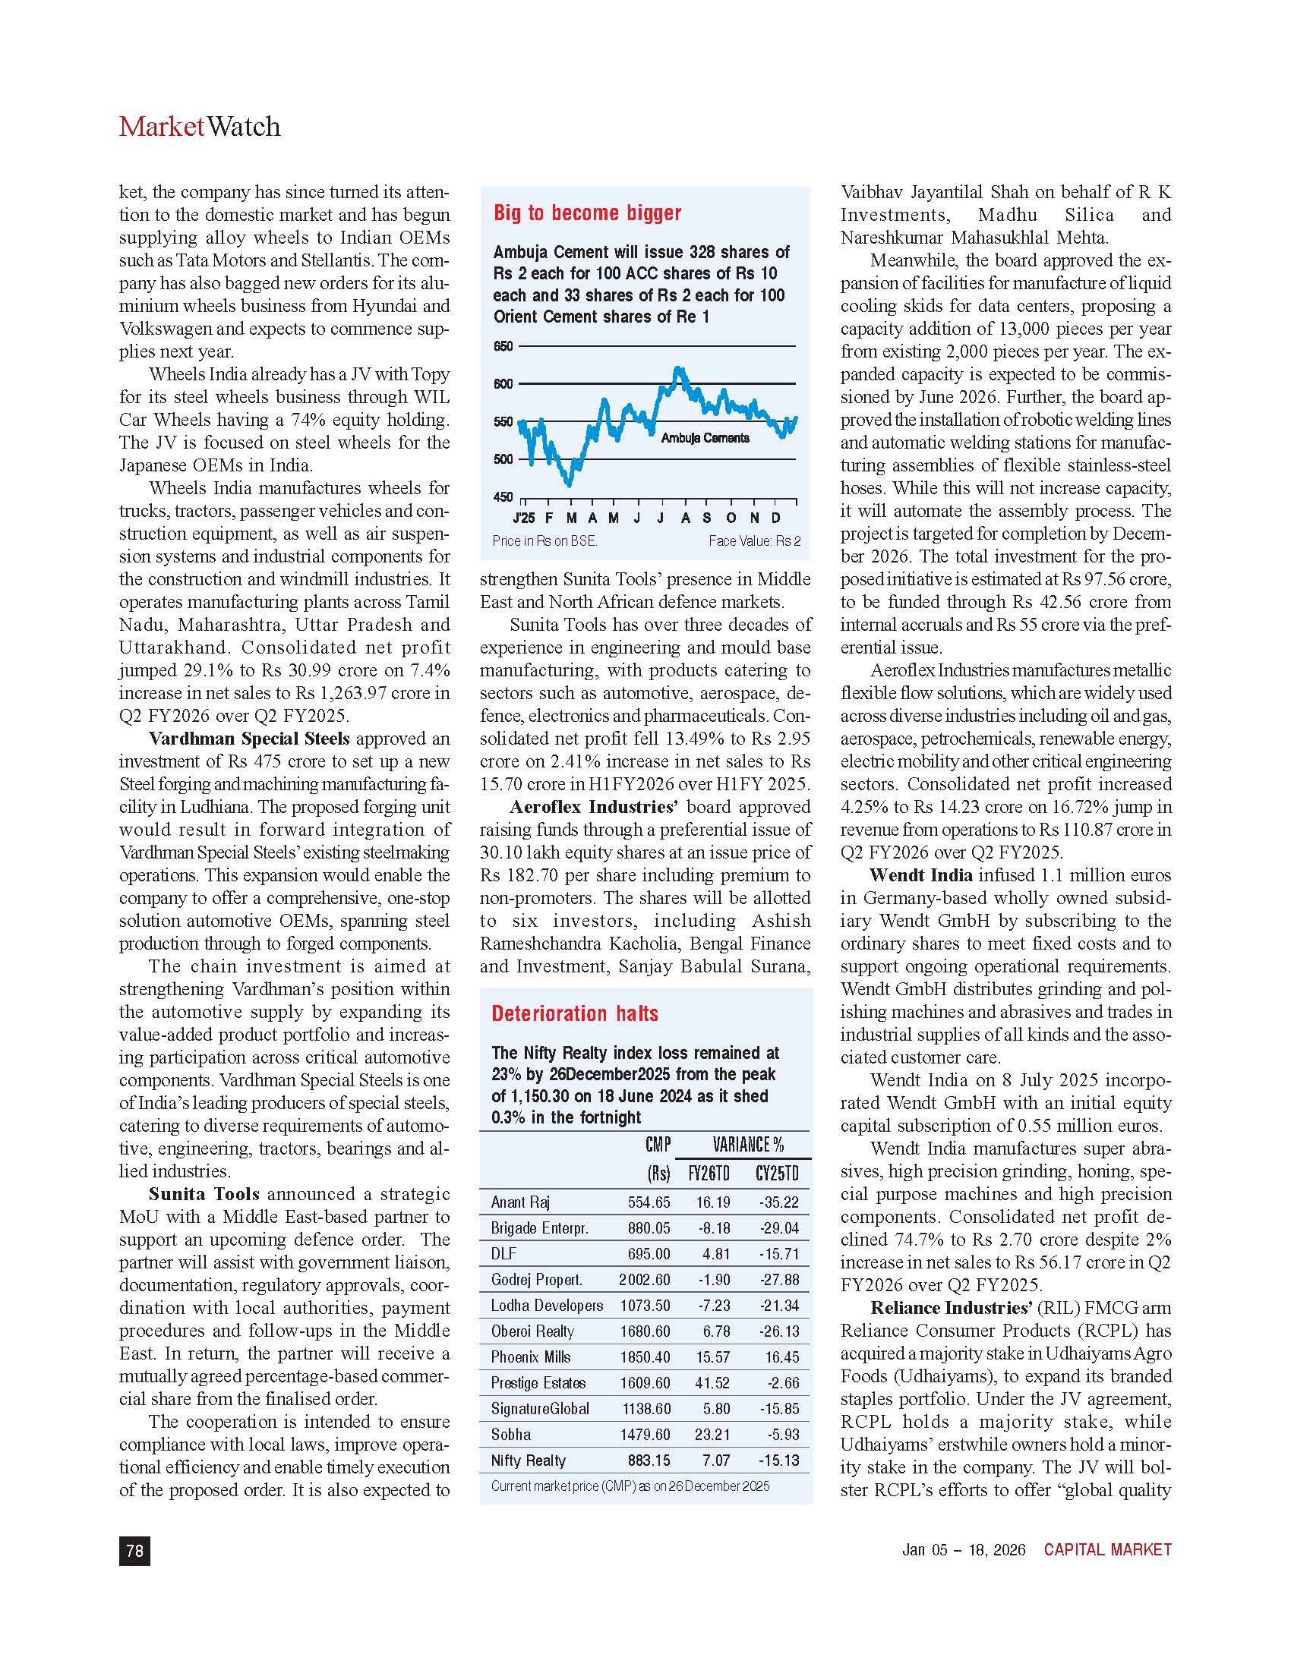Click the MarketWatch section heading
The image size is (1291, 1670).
point(200,126)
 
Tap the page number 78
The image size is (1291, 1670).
point(134,1550)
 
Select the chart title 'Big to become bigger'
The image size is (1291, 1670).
point(586,213)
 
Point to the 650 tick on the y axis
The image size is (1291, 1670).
point(503,346)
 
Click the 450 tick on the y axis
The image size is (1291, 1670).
point(503,497)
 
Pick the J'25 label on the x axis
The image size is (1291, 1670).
point(524,518)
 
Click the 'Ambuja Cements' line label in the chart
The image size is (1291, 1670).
point(705,438)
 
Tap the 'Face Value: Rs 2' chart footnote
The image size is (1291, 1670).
point(754,540)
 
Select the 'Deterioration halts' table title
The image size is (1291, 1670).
point(574,1013)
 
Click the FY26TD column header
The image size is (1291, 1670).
point(709,1174)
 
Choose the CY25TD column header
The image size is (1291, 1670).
point(776,1174)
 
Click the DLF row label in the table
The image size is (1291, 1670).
point(503,1253)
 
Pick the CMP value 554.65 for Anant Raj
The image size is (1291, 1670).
point(649,1202)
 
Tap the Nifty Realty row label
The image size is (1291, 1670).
point(528,1460)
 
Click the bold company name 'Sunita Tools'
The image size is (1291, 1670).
point(204,1193)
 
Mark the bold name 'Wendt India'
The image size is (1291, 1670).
point(921,874)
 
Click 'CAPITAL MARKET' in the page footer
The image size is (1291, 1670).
point(1107,1550)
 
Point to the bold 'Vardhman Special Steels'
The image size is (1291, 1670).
point(248,739)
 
